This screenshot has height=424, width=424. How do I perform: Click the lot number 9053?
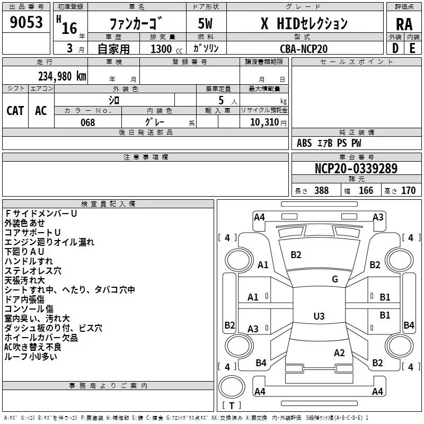pos(26,22)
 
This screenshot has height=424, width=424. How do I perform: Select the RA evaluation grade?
pos(404,24)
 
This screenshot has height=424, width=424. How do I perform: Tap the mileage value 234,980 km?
pos(62,76)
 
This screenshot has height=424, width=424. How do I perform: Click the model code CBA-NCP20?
pos(304,49)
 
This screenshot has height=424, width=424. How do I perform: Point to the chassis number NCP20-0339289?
pos(356,168)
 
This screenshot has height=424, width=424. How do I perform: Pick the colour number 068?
pos(87,122)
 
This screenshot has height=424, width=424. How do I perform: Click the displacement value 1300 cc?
pos(166,49)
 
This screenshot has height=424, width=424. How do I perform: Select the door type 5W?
pos(205,23)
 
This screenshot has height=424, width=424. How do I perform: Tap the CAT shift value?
pos(15,111)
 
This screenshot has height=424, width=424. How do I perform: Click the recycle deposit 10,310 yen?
pos(268,122)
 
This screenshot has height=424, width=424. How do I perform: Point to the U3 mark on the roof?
pos(319,316)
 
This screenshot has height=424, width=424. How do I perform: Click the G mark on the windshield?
pos(335,279)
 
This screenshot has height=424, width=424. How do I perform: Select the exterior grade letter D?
pos(395,48)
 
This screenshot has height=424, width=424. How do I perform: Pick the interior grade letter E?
pos(412,48)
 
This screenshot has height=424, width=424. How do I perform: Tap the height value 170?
pos(408,190)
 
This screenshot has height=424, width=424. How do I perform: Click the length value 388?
pos(322,190)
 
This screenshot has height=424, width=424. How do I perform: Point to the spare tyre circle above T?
pos(232,387)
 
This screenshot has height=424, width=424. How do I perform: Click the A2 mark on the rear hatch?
pos(339,353)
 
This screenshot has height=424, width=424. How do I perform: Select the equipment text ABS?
pos(304,143)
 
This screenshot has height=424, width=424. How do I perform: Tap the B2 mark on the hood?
pos(296,255)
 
